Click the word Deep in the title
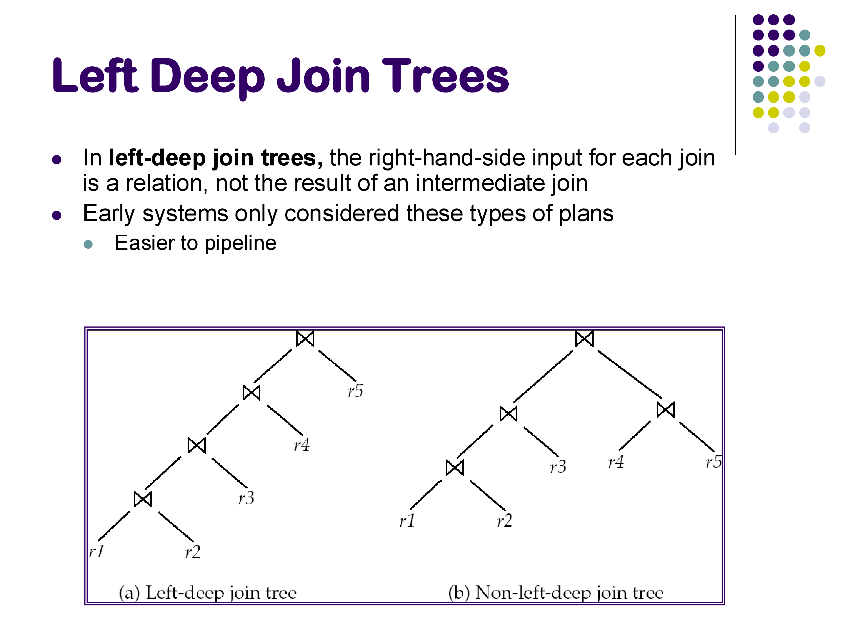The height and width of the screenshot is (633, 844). pyautogui.click(x=208, y=76)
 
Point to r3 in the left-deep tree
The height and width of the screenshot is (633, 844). pyautogui.click(x=246, y=498)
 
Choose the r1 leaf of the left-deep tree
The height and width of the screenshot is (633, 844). pyautogui.click(x=96, y=552)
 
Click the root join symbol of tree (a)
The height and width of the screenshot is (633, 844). pyautogui.click(x=305, y=338)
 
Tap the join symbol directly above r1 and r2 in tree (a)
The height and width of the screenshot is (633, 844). pyautogui.click(x=143, y=499)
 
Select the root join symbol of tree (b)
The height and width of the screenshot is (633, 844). pyautogui.click(x=584, y=338)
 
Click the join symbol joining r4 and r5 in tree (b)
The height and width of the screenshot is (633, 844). pyautogui.click(x=665, y=410)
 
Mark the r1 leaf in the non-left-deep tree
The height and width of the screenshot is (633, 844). pyautogui.click(x=407, y=521)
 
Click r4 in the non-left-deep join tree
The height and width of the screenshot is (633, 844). pyautogui.click(x=616, y=462)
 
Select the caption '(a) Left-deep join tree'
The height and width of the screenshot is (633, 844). pyautogui.click(x=208, y=592)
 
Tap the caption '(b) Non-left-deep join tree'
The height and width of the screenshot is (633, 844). pyautogui.click(x=556, y=592)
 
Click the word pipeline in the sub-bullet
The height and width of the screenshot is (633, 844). pyautogui.click(x=240, y=243)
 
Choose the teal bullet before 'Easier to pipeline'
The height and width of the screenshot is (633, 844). pyautogui.click(x=88, y=244)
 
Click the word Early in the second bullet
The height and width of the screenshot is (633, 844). pyautogui.click(x=109, y=213)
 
